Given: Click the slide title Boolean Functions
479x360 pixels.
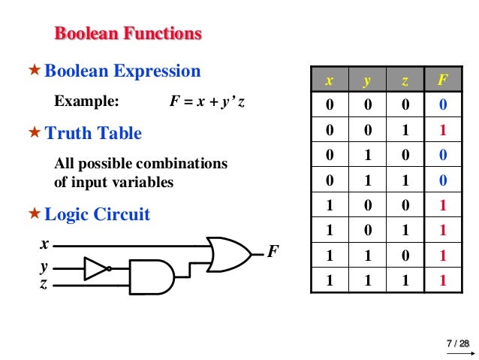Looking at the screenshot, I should [x=128, y=34].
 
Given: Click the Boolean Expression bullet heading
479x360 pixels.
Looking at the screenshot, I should [x=122, y=71].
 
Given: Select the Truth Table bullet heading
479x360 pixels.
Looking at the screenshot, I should [x=93, y=134].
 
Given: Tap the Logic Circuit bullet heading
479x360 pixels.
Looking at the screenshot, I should [x=98, y=215].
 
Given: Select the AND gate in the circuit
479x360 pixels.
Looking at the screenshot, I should [x=151, y=276].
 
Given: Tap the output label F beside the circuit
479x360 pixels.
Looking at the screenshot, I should [x=273, y=251].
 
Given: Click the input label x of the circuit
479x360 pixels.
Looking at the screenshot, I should [x=44, y=244].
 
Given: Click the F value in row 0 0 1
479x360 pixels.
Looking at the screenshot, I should [x=442, y=130].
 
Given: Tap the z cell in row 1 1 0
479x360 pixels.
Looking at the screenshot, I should [x=404, y=256].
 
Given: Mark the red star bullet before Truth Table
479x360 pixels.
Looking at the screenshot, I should [x=34, y=134].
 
